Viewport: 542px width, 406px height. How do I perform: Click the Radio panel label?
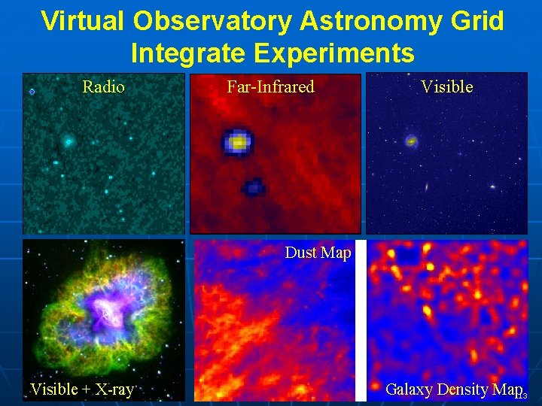pos(103,87)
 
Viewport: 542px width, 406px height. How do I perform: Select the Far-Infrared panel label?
pos(270,87)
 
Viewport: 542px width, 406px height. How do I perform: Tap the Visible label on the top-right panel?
pos(446,87)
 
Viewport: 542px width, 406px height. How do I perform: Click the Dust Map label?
pos(318,253)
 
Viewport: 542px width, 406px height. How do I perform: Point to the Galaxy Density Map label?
pos(452,389)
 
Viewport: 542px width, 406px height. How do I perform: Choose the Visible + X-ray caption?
pos(81,389)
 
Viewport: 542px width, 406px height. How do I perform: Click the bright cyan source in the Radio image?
pos(68,141)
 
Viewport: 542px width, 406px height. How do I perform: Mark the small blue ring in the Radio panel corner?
pos(32,92)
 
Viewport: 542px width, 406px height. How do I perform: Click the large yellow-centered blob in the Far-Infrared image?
pos(238,141)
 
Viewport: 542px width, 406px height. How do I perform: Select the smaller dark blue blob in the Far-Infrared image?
pos(252,186)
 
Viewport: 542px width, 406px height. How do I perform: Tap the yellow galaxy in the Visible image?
pos(411,140)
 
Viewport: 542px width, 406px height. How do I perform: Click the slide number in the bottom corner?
pos(522,396)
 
